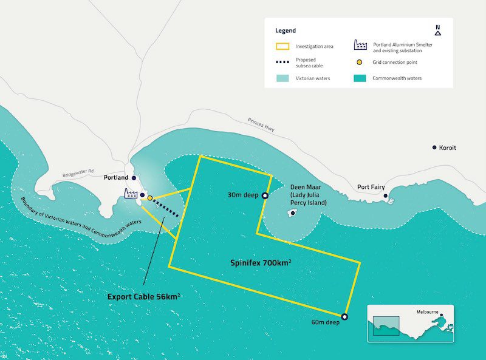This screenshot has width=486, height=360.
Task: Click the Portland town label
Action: pos(117,178)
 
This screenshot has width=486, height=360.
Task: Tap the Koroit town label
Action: pos(448,148)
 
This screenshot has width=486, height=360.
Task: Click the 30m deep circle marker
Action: pos(265,195)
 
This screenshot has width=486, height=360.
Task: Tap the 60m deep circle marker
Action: pos(344,317)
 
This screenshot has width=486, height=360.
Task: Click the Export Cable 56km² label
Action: pos(143,297)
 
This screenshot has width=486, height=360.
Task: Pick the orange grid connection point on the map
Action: pos(149,198)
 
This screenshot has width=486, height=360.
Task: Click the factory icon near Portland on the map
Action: pos(131,194)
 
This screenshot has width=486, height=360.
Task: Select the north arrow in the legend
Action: pos(437,30)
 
